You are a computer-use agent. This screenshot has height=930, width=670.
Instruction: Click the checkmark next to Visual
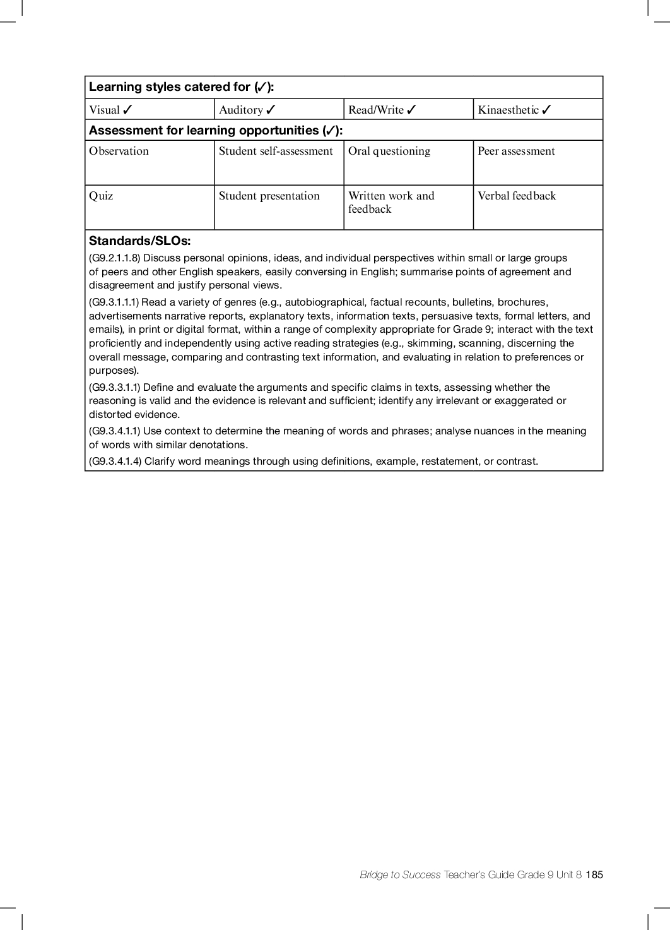coord(127,110)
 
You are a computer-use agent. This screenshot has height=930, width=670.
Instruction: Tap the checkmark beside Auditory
coord(271,110)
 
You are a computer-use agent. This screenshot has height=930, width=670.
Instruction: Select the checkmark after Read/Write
coord(411,110)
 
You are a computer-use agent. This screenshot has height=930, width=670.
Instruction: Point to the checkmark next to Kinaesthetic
coord(546,110)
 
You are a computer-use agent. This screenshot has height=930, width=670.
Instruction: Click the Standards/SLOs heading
coord(139,241)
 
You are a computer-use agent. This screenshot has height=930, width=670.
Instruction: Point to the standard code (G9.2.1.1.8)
coord(114,258)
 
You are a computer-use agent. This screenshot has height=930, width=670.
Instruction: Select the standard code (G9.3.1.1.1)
coord(114,302)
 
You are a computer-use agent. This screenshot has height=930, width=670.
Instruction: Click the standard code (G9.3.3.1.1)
coord(114,388)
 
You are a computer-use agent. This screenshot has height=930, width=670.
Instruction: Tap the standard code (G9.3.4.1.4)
coord(115,462)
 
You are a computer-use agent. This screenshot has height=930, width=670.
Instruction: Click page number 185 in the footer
coord(594,875)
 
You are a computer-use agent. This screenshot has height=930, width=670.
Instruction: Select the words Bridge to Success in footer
coord(400,875)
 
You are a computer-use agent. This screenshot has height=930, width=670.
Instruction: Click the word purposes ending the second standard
coord(112,371)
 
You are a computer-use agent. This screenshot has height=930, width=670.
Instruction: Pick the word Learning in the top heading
coord(115,87)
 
